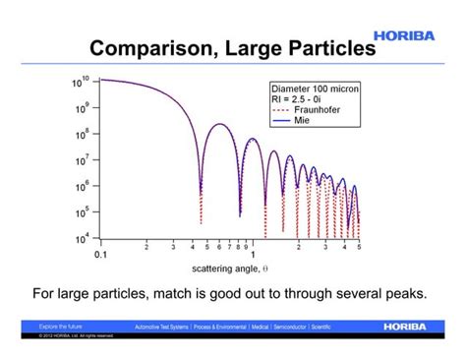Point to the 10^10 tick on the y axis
(x=82, y=81)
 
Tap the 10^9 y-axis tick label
(x=83, y=107)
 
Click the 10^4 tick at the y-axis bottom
(x=83, y=238)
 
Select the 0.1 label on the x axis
(x=100, y=255)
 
